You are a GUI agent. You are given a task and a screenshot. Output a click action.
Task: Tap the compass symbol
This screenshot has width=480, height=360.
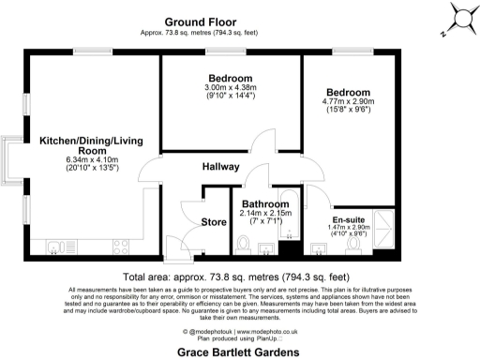458,20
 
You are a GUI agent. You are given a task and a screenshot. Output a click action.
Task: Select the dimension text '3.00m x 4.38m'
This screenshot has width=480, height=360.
230,87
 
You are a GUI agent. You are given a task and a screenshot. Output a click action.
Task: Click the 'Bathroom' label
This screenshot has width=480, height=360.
263,202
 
